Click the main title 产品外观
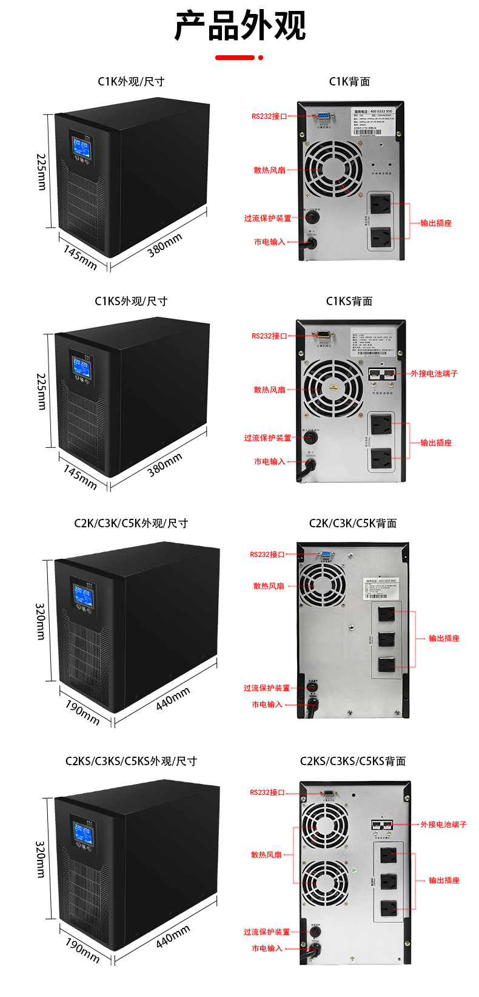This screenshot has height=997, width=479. coord(239,25)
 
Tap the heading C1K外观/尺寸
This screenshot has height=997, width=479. coord(131,81)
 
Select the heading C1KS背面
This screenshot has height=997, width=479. coord(349,301)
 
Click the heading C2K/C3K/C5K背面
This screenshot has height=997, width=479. coord(353,523)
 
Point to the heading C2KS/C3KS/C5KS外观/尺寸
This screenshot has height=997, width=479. coord(131,761)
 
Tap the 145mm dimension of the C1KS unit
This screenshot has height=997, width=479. coord(80,477)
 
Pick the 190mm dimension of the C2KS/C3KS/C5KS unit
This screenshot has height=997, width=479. coord(82,950)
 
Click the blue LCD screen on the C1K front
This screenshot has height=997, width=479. coord(81,146)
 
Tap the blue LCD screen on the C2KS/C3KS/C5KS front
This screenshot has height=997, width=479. coord(82,833)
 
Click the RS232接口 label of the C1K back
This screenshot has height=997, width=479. coord(269,116)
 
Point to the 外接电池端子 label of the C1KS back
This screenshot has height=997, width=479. coord(434,374)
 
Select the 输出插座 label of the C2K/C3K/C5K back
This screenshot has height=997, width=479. coord(444,638)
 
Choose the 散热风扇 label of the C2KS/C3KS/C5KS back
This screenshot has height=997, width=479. coord(267,855)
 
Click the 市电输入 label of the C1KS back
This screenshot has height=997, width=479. coord(269,462)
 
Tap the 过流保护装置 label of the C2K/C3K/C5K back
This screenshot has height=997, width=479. coord(267,688)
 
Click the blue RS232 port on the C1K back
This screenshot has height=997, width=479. coord(323,115)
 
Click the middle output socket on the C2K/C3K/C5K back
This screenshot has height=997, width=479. coord(386,639)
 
